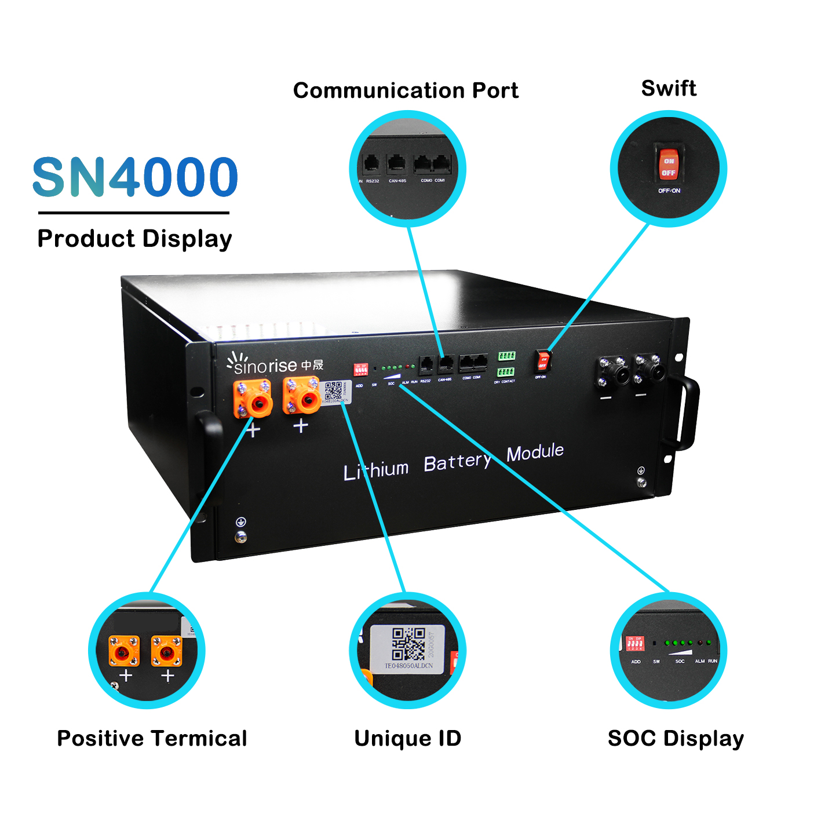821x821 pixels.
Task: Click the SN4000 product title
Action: tap(135, 177)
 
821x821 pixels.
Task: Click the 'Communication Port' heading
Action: tap(406, 90)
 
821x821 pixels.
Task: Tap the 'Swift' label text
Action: tap(669, 88)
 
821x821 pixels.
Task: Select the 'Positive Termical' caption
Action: tap(152, 738)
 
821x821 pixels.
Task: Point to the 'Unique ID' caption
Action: tap(408, 738)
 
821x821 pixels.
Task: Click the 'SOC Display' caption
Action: tap(676, 738)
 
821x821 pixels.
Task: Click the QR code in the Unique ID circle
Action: tap(408, 644)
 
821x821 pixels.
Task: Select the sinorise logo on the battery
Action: tap(275, 364)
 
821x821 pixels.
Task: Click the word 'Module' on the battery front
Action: tap(535, 452)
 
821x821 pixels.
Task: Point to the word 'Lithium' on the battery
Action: tap(376, 469)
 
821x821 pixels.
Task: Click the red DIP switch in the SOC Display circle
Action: tap(635, 643)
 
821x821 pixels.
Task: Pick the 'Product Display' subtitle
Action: tap(134, 239)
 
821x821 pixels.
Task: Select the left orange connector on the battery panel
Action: tap(253, 398)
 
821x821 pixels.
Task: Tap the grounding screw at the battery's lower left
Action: tap(240, 537)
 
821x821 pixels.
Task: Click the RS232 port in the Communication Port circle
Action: tap(371, 165)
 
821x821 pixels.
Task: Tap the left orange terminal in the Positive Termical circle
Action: tap(124, 651)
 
